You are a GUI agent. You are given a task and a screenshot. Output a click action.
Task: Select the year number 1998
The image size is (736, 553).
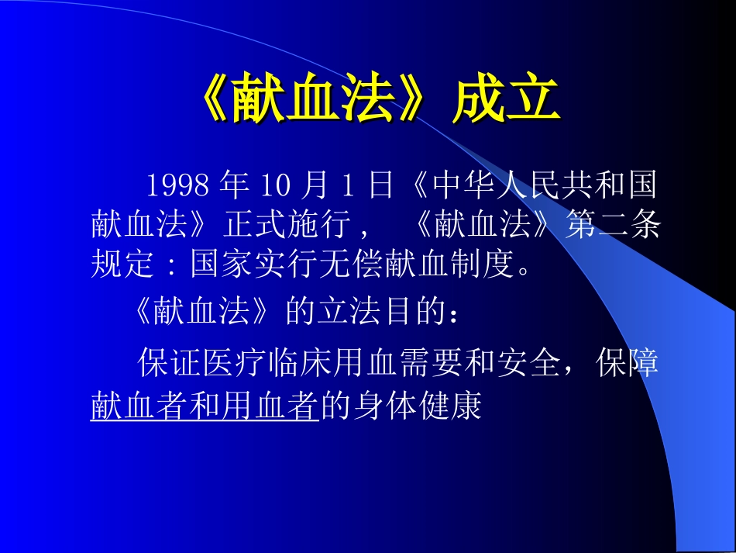177,186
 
